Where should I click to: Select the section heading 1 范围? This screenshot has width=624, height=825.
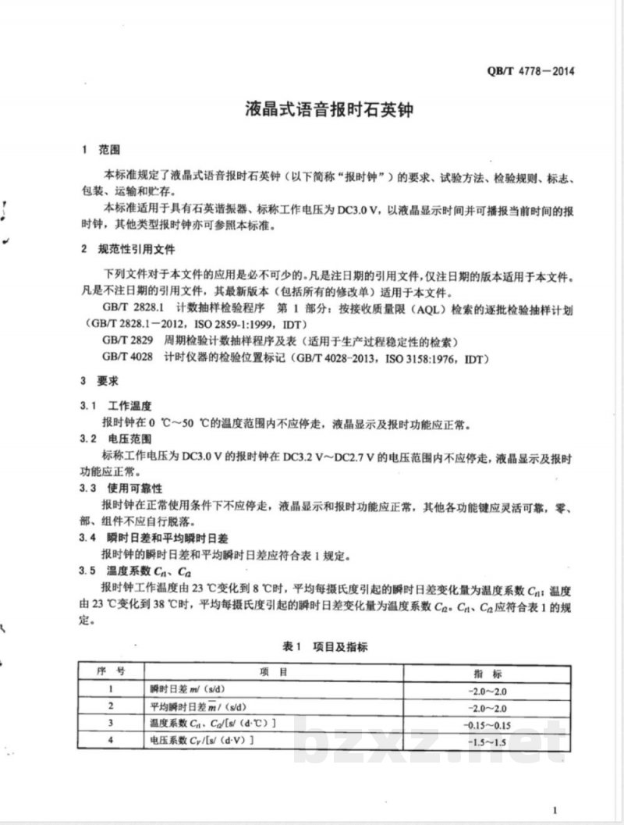(99, 149)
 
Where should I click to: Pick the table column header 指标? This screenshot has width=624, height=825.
(487, 673)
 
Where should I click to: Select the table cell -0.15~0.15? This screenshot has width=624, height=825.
(487, 724)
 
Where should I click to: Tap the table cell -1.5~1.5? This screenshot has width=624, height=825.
(487, 740)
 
